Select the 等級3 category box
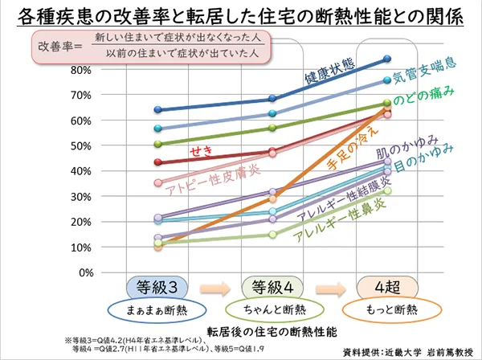pyautogui.click(x=158, y=288)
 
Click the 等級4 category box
pyautogui.click(x=272, y=288)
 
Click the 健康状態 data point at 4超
pyautogui.click(x=387, y=59)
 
